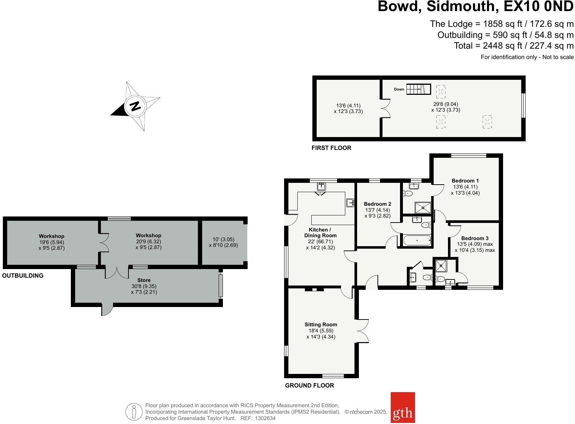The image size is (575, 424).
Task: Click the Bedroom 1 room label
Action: point(465,181)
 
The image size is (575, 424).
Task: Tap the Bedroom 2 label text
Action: point(377,204)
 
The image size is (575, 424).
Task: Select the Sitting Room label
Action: point(321,325)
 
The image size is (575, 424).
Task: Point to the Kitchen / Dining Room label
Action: point(320,233)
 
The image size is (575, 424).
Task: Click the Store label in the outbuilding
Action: point(144,280)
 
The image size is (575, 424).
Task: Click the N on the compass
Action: point(135,106)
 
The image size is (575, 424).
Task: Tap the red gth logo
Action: point(403,413)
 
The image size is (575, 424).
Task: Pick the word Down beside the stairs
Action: point(399,89)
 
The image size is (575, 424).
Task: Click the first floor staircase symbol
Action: point(419,89)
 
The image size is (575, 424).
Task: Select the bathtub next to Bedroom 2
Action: point(417,240)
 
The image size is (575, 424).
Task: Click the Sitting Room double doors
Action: point(362,331)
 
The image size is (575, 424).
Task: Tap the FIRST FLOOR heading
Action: point(331,148)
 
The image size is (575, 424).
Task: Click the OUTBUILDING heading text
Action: point(23,276)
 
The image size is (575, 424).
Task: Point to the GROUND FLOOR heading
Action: point(310,385)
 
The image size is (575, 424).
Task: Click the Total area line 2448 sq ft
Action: point(513,46)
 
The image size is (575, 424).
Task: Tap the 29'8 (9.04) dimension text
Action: point(445,104)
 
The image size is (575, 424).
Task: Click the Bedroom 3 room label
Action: point(474,238)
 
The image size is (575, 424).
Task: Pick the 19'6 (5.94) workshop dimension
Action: point(52,242)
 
